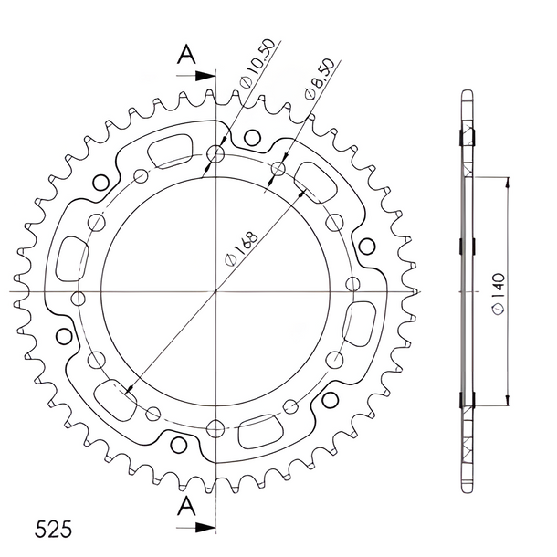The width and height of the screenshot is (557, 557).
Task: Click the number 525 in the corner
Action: coord(53,530)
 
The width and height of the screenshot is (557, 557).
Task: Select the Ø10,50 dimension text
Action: coord(257,63)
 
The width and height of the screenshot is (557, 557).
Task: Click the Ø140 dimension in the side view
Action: coord(499,293)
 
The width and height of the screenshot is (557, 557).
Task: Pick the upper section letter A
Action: coord(186,55)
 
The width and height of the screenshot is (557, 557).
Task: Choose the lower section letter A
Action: coord(186,506)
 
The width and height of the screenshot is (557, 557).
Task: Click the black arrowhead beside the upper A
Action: coord(205,76)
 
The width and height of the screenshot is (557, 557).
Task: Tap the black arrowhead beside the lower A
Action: coord(205,528)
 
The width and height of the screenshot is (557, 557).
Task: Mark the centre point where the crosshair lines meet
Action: coord(215,291)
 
